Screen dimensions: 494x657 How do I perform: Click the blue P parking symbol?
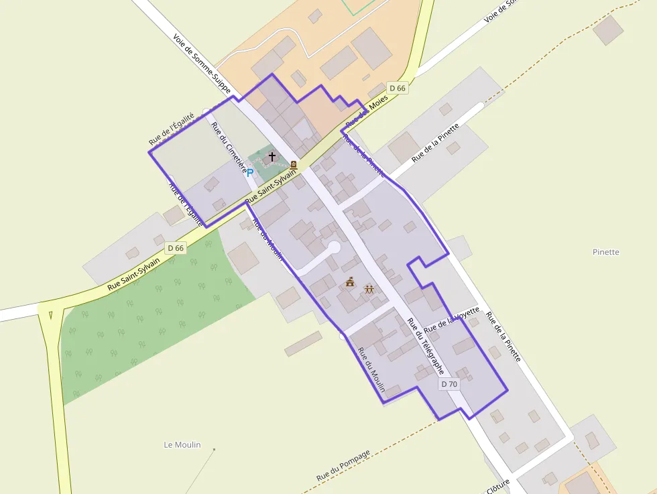click(x=250, y=173)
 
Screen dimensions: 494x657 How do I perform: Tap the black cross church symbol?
click(x=272, y=158)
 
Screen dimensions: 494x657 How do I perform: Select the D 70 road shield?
click(x=449, y=384)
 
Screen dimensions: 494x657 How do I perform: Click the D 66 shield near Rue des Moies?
click(x=397, y=88)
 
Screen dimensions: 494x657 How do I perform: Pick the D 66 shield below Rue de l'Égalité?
click(x=176, y=247)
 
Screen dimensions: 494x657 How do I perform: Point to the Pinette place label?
click(x=606, y=252)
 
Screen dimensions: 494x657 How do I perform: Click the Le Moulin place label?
click(x=182, y=444)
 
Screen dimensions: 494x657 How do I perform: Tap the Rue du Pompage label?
click(x=343, y=465)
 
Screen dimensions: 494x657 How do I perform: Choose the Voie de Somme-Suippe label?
click(x=202, y=64)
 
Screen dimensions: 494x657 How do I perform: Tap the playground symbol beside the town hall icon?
click(x=369, y=289)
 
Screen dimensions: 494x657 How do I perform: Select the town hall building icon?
click(x=349, y=282)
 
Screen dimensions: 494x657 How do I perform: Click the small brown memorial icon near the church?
click(x=294, y=164)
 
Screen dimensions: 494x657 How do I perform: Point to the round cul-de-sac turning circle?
click(x=333, y=248)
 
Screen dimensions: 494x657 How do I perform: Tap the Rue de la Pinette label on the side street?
click(x=436, y=143)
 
